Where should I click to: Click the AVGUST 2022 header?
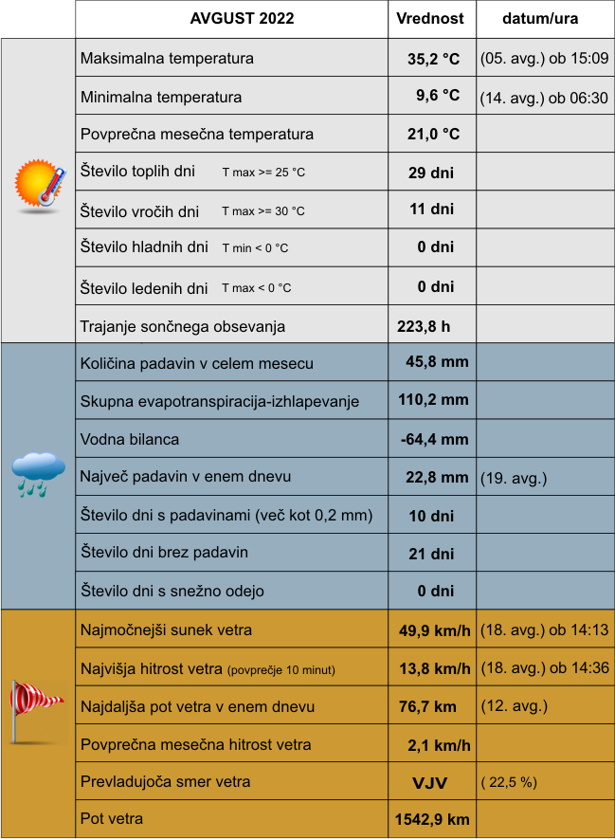(242, 19)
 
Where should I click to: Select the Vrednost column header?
(430, 19)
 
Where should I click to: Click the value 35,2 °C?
(433, 59)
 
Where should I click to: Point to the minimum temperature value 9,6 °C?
(438, 96)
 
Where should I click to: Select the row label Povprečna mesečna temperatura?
(197, 135)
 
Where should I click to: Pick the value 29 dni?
(430, 173)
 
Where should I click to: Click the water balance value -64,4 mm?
(434, 440)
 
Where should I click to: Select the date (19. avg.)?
(514, 478)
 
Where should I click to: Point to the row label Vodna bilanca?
(130, 440)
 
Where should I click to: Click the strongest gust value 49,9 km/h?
(435, 630)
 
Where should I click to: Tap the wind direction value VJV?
(430, 783)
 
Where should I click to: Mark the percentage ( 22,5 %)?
(510, 783)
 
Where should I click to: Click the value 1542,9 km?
(431, 819)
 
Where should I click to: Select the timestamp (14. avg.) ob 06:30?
(544, 97)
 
